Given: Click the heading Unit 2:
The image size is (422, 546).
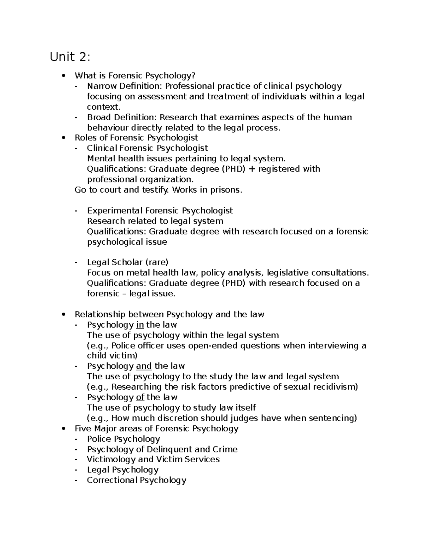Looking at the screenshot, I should pos(70,57).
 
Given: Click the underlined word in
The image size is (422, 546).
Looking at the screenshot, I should pos(140,325).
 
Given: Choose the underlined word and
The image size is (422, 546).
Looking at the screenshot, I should pos(143,366).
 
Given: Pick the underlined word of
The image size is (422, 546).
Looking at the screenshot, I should pos(140,397).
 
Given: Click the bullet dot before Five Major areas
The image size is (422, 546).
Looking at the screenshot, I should pos(63,429).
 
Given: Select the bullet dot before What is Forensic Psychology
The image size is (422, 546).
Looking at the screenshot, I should pos(63,76).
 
